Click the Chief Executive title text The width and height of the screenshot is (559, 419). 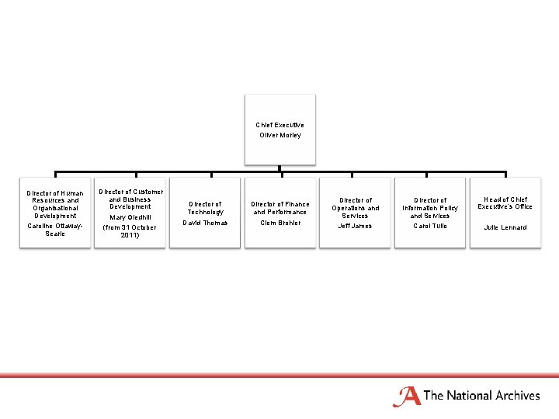pyautogui.click(x=279, y=124)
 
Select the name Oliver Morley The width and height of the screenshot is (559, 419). pyautogui.click(x=279, y=135)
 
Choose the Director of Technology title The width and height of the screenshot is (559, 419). pyautogui.click(x=205, y=208)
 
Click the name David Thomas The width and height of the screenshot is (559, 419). pyautogui.click(x=205, y=223)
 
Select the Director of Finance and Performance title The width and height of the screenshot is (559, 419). pyautogui.click(x=279, y=208)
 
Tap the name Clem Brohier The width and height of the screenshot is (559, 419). pyautogui.click(x=279, y=223)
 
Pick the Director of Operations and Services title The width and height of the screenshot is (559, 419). pyautogui.click(x=355, y=208)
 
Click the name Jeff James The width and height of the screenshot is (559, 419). pyautogui.click(x=355, y=226)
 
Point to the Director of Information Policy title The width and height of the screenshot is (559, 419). pyautogui.click(x=430, y=208)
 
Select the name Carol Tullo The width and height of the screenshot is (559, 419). pyautogui.click(x=430, y=226)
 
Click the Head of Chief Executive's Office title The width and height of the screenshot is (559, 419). pyautogui.click(x=505, y=203)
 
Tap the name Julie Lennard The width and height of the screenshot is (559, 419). pyautogui.click(x=505, y=227)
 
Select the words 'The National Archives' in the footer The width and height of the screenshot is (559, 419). pyautogui.click(x=481, y=396)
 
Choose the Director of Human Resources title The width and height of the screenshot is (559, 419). pyautogui.click(x=55, y=205)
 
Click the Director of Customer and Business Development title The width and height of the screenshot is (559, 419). pyautogui.click(x=130, y=199)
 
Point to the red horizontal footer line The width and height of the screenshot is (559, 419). pyautogui.click(x=279, y=376)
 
